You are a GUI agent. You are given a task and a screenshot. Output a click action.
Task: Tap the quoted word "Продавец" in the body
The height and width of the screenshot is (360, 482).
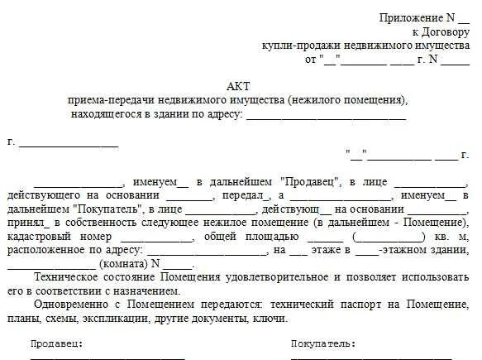tap(310, 182)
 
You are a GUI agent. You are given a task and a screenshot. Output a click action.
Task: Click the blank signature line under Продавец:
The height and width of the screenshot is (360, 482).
tap(107, 358)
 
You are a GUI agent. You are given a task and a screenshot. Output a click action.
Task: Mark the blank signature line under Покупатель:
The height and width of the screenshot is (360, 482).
tap(373, 358)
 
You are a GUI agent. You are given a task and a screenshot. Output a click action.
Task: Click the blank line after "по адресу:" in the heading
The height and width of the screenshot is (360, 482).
tap(327, 115)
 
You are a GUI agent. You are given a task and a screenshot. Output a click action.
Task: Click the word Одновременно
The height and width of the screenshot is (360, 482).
tap(69, 304)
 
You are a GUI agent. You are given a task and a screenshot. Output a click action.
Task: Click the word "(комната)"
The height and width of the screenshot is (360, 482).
tap(124, 264)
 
